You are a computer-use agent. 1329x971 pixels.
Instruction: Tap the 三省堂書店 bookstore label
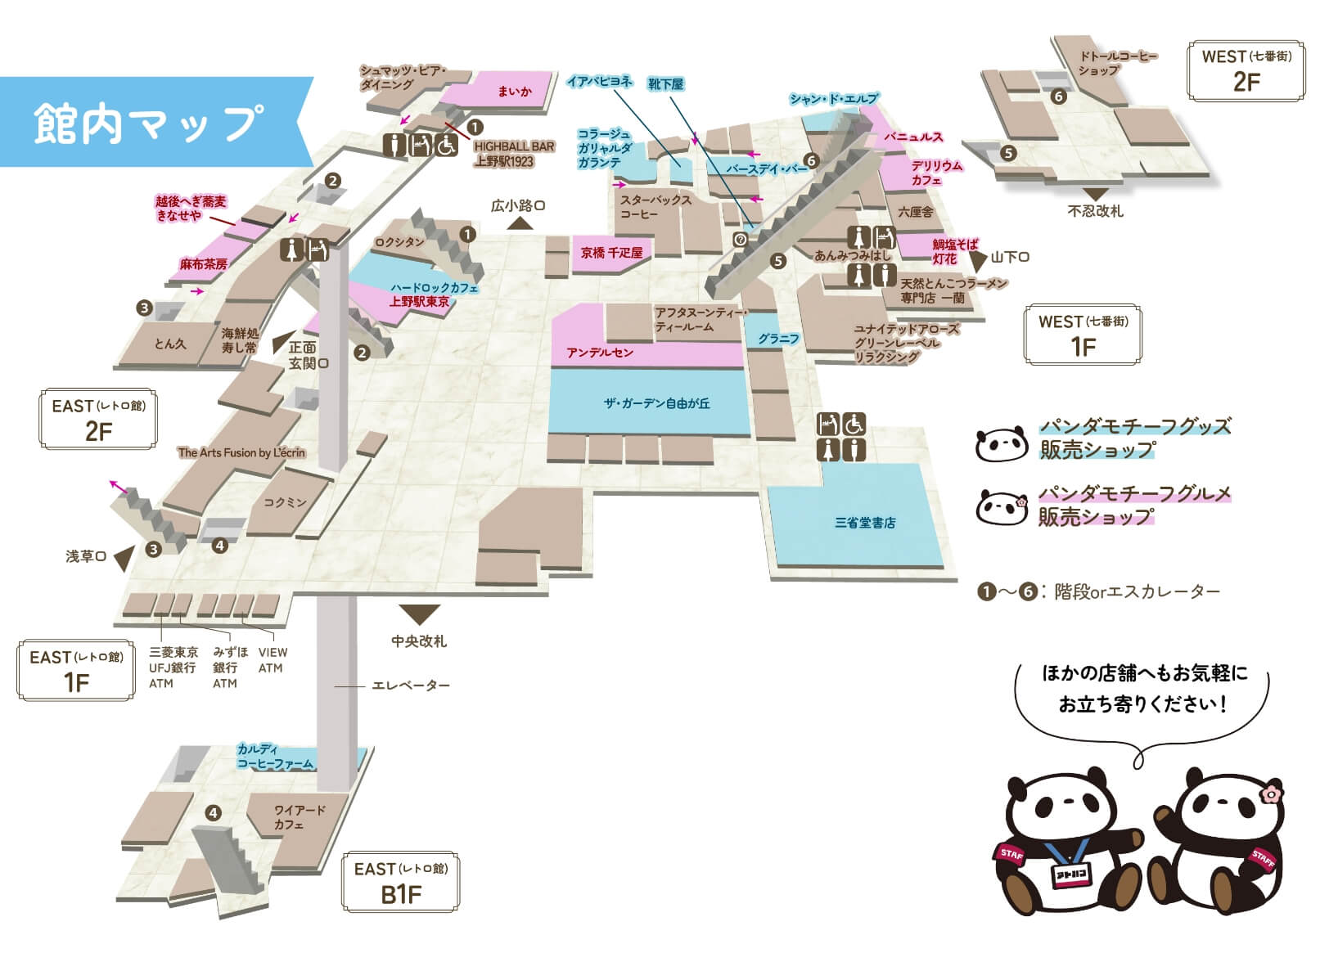click(864, 523)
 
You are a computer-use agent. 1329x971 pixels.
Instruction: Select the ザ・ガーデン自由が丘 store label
click(656, 403)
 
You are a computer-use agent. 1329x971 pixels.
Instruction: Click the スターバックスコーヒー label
click(655, 207)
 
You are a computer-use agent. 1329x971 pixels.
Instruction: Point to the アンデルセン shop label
click(600, 353)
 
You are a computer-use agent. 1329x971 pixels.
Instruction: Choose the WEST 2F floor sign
click(1246, 70)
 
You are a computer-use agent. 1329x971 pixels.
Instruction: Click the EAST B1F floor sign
click(400, 882)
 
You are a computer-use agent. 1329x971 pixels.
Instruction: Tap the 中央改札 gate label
click(419, 641)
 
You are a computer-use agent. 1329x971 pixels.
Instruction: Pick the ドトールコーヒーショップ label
click(1117, 63)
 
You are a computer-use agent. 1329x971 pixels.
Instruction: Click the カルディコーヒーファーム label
click(274, 757)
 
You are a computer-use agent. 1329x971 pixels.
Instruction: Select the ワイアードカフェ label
click(300, 817)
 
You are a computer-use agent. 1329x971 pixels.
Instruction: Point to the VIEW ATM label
click(273, 660)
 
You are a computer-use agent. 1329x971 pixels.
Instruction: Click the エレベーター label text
click(411, 686)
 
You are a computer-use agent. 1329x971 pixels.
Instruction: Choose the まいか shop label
click(514, 92)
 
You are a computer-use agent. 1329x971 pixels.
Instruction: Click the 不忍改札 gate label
click(1095, 211)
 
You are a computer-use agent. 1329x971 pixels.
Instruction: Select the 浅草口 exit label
click(86, 556)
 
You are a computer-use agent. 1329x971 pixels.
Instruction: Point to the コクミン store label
click(284, 502)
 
